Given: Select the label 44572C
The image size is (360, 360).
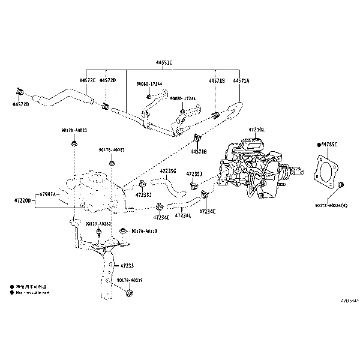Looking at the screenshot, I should [x=88, y=80].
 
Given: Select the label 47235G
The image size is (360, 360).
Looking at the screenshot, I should [x=168, y=171].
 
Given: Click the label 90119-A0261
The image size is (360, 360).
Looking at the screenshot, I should [x=98, y=224].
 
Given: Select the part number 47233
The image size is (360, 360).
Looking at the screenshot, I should [x=127, y=265].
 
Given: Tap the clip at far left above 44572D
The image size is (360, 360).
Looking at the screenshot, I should [x=19, y=92].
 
